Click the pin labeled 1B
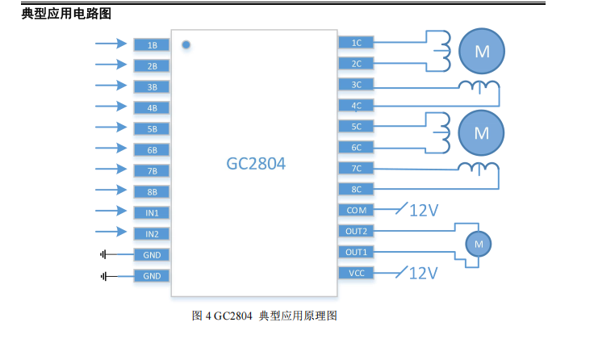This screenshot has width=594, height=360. pos(152,45)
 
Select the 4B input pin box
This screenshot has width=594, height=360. pos(152,107)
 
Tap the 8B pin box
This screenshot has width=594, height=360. pos(152,191)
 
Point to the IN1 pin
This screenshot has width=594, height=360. pos(152,212)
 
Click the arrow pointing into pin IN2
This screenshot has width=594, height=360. pos(111,232)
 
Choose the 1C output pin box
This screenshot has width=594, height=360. pos(356,42)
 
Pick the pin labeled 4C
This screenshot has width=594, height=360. pos(356,105)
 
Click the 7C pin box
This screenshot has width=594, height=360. pos(356,168)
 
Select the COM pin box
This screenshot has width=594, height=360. pos(356,210)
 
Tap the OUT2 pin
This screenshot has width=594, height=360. pos(356,231)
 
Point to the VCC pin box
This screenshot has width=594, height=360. pos(356,273)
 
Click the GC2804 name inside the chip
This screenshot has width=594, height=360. pos(256,164)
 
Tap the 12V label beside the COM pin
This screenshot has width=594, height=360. pos(424,211)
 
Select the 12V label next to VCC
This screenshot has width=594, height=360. pos(424,273)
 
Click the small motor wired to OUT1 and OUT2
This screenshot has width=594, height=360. pos(478,243)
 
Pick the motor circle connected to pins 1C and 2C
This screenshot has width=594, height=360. pos(482,52)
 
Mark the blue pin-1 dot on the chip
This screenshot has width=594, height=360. pos(186,44)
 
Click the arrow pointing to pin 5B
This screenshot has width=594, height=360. pos(111,128)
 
